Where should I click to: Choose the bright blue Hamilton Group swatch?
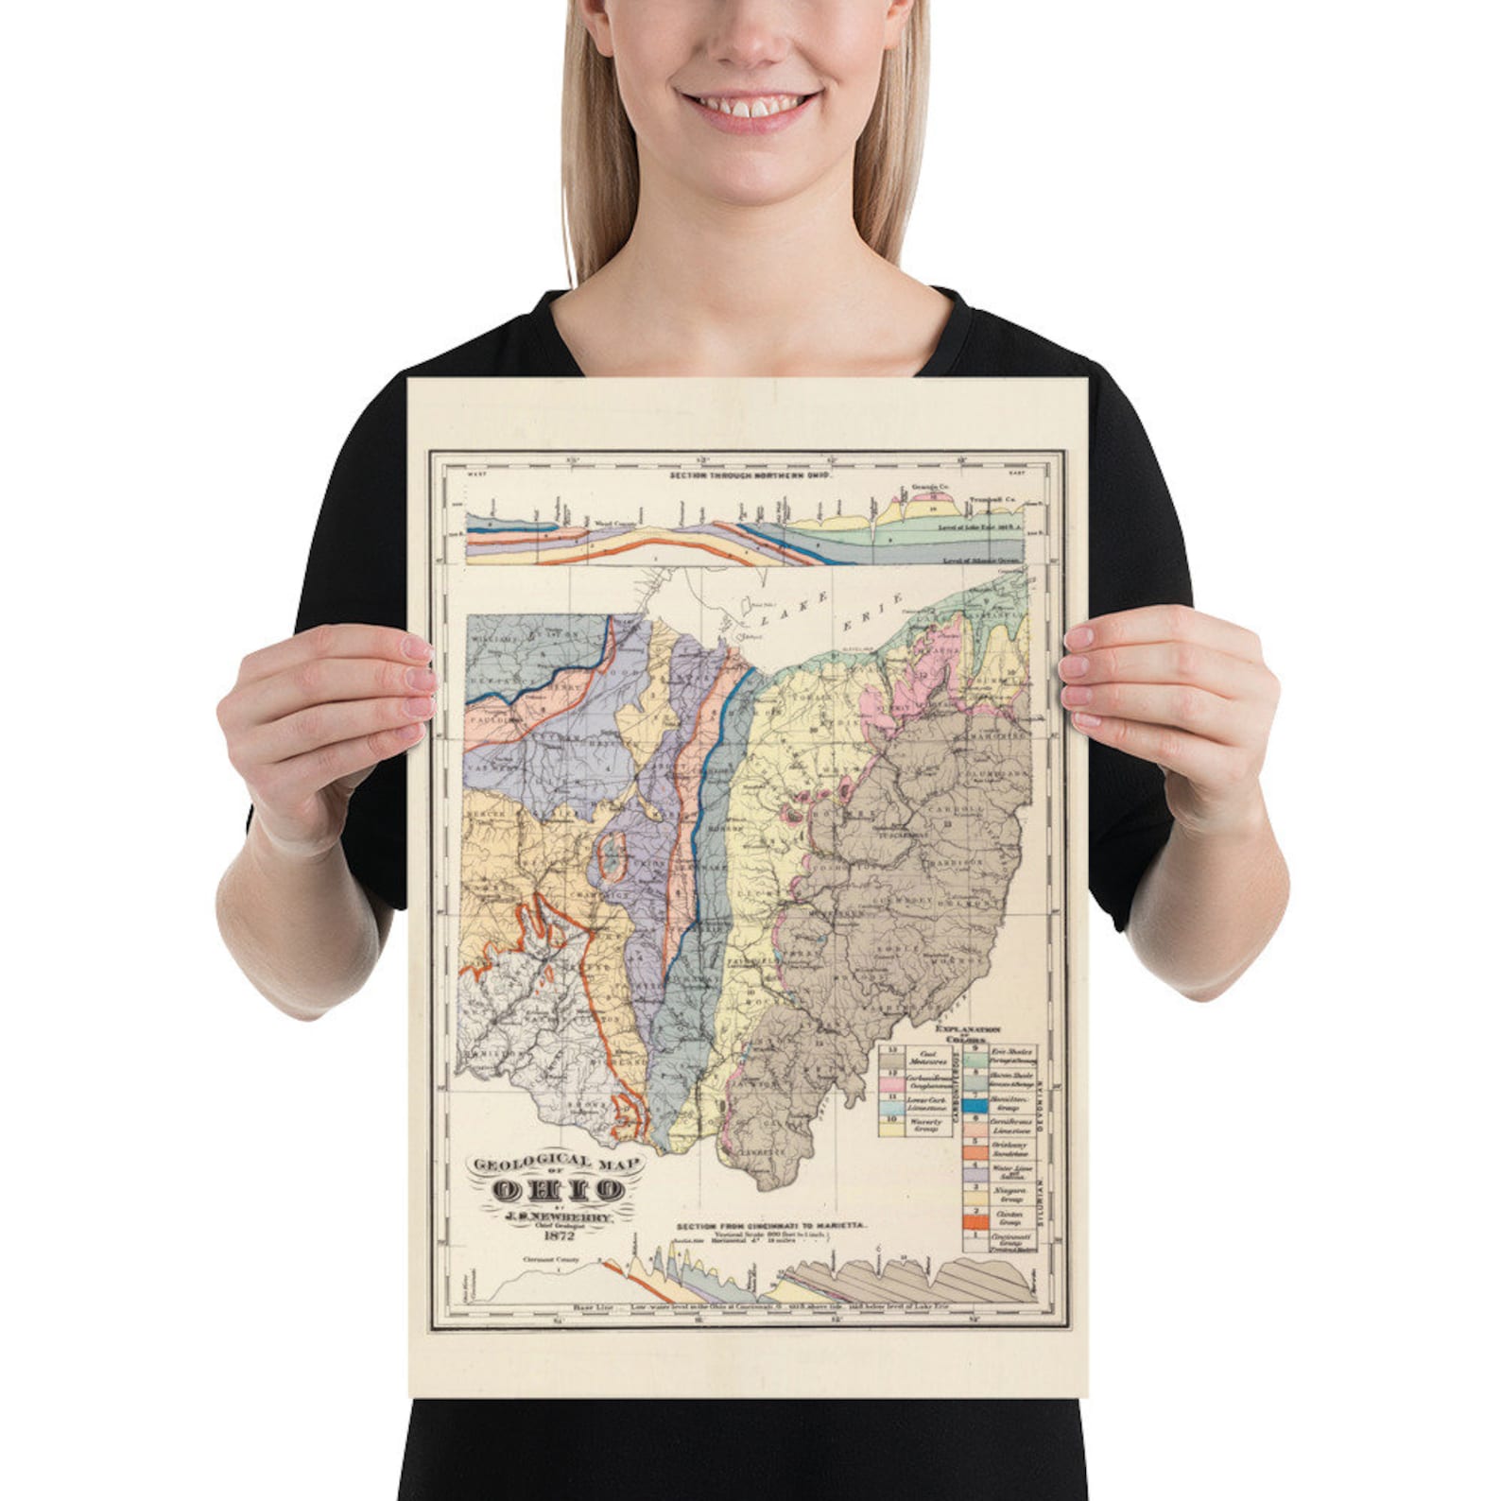point(975,1104)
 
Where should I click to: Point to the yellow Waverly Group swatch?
point(891,1127)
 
